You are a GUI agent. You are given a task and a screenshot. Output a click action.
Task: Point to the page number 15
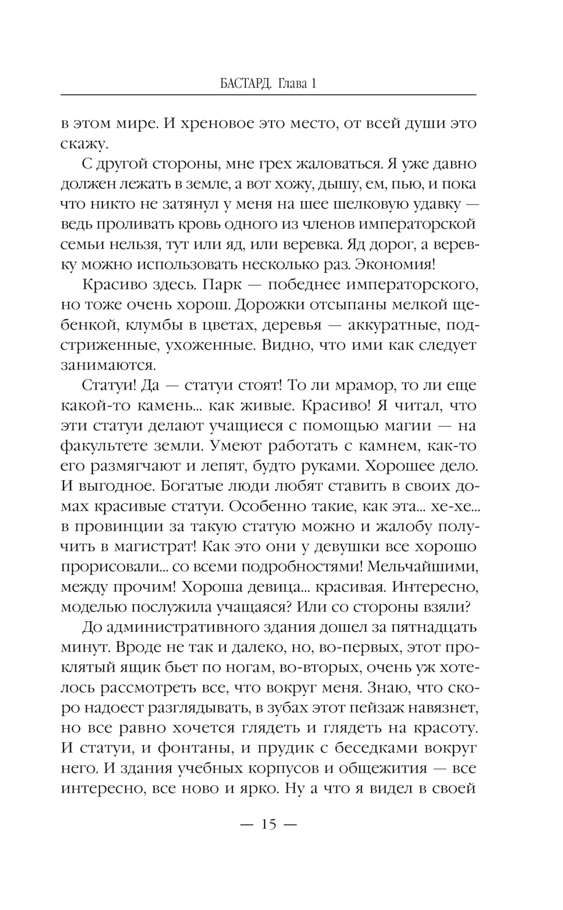[x=268, y=825]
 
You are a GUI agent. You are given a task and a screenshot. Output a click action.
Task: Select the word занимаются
[x=108, y=365]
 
